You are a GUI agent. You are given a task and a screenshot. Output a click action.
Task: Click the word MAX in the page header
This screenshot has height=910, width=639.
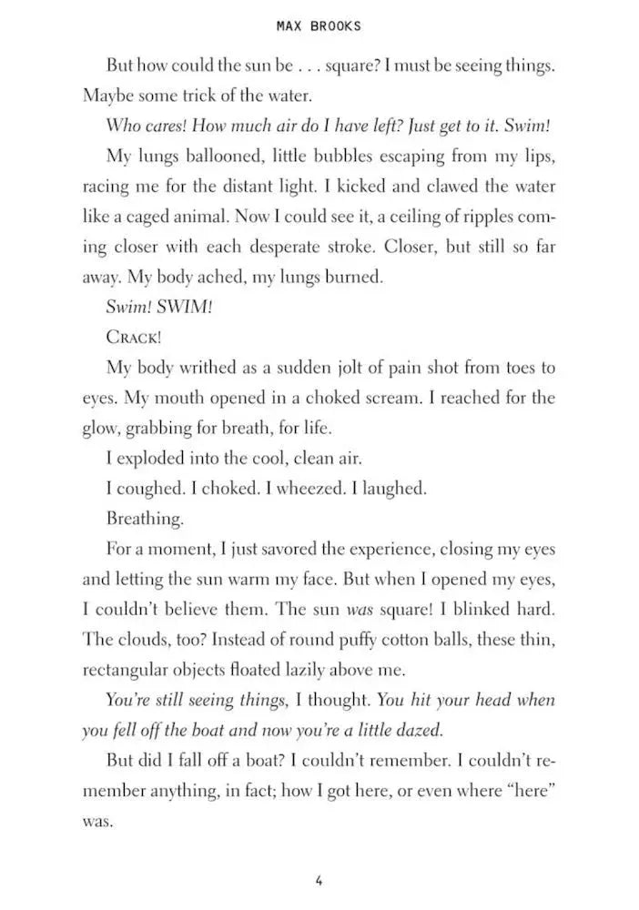point(289,26)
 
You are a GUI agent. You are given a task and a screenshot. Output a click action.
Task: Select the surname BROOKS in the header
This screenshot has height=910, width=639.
point(336,26)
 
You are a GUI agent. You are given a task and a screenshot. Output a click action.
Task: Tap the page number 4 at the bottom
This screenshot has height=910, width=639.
point(319,880)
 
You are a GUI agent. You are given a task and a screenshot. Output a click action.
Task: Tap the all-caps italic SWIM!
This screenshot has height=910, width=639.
point(186,307)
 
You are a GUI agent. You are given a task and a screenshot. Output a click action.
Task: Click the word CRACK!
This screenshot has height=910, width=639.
point(136,337)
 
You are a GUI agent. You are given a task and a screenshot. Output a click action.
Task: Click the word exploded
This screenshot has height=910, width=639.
point(150,458)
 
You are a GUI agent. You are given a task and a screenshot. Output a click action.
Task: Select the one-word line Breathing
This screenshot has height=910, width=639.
point(142,518)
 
